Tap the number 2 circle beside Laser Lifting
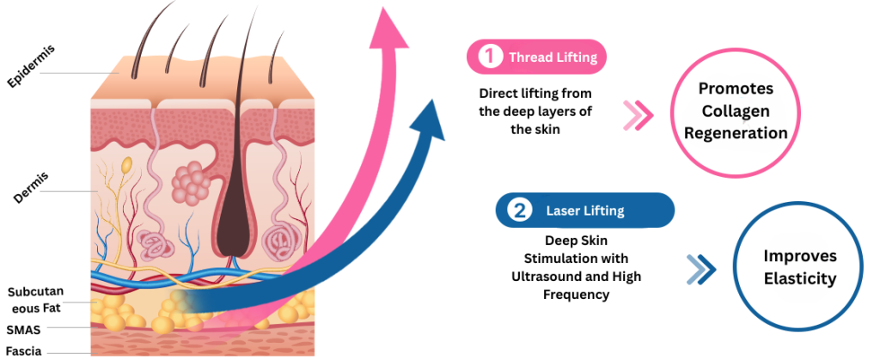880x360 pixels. coord(519,210)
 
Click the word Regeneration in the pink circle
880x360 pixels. coord(735,133)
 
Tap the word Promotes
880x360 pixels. coord(735,89)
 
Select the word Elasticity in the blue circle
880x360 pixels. coord(799,278)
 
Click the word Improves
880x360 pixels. coord(799,256)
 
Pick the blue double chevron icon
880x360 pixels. coord(701,270)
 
